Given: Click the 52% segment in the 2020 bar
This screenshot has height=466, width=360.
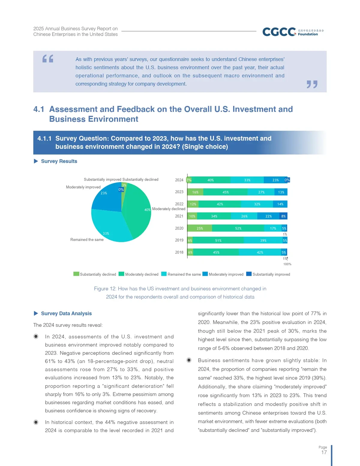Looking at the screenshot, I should click(x=238, y=228).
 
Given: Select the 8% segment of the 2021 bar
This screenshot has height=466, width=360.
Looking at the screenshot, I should click(x=283, y=216).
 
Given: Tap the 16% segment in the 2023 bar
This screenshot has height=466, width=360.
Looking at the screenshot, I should click(x=195, y=192).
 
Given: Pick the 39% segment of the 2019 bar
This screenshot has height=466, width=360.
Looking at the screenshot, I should click(x=263, y=240).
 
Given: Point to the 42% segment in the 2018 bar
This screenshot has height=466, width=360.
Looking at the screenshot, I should click(x=260, y=252).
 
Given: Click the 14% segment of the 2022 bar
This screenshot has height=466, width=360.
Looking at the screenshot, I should click(x=280, y=204).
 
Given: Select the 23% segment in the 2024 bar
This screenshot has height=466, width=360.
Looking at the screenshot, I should click(x=275, y=180).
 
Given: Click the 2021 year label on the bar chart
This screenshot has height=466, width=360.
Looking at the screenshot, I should click(x=179, y=216).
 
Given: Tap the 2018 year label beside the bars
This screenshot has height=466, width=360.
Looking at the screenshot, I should click(x=179, y=252).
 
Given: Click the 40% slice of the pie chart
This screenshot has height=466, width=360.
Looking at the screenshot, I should click(x=136, y=210).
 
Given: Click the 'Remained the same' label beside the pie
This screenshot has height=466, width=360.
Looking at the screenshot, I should click(x=87, y=240).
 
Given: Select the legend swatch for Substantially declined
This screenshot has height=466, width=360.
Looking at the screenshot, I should click(x=76, y=274).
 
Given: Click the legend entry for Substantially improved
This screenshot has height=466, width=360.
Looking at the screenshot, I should click(x=268, y=274).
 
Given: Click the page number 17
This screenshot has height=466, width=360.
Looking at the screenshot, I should click(x=324, y=452).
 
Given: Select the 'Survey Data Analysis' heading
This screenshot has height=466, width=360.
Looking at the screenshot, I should click(x=66, y=313).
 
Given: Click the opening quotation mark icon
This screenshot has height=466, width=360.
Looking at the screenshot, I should click(x=48, y=59).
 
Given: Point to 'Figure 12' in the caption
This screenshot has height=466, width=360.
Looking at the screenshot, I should click(x=105, y=289).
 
